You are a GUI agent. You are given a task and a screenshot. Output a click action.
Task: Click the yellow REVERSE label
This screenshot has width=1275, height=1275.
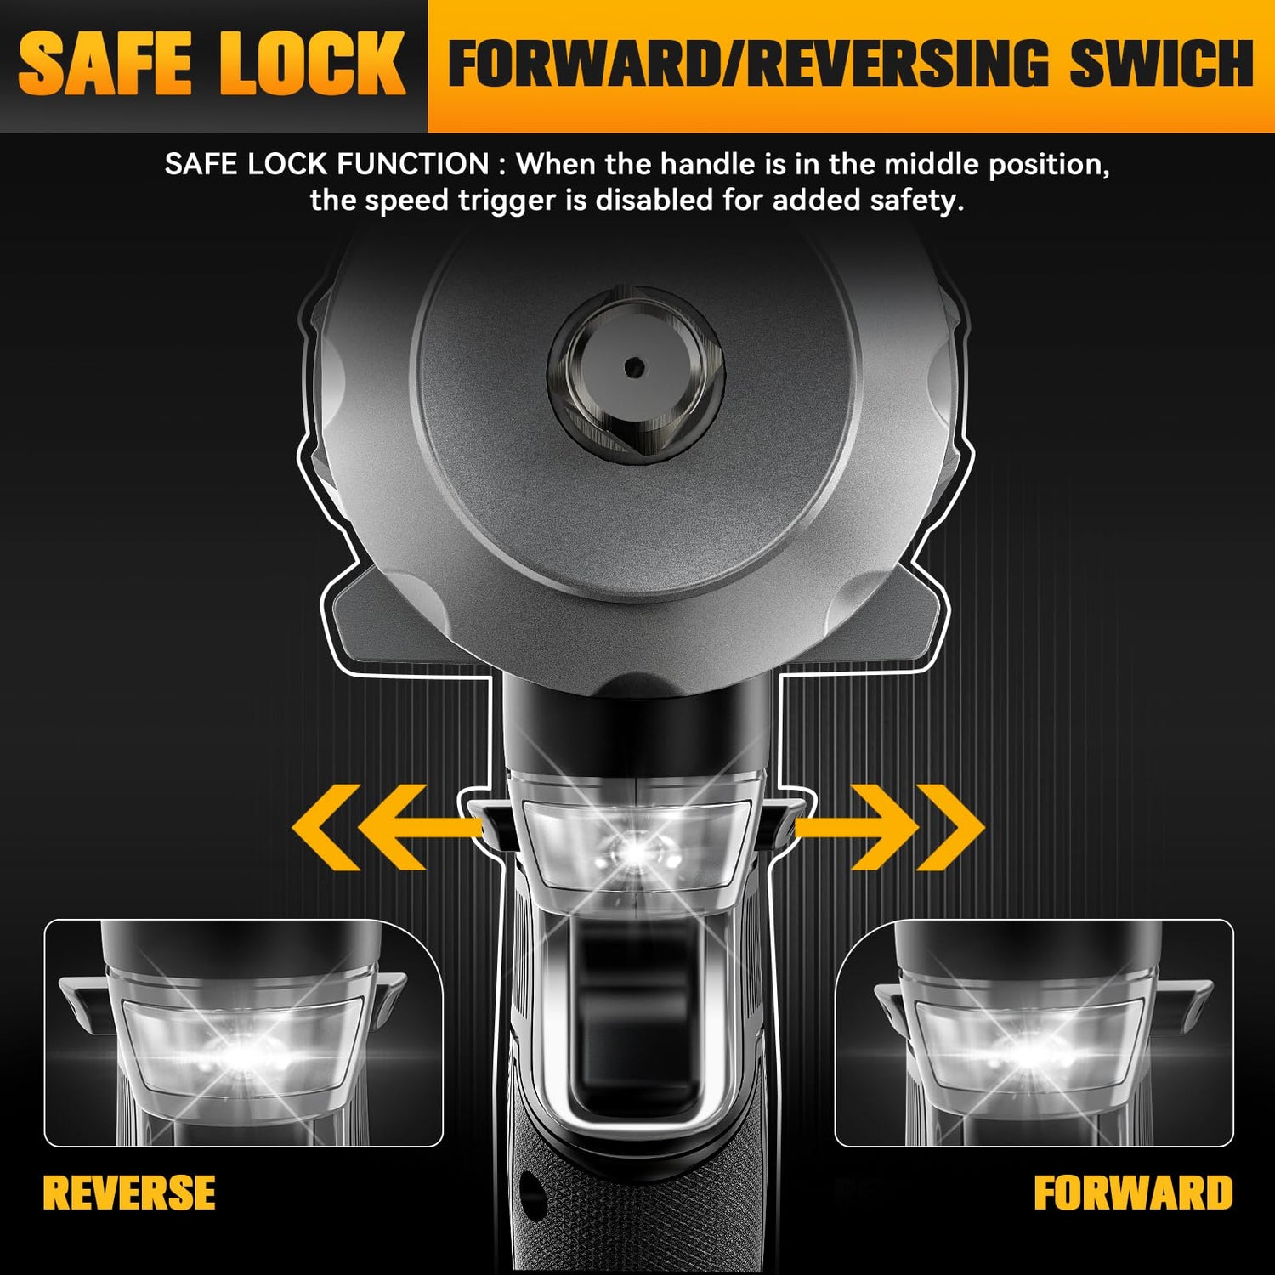(129, 1192)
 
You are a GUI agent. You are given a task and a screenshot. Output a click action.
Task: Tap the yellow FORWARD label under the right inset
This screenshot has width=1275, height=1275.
(1133, 1193)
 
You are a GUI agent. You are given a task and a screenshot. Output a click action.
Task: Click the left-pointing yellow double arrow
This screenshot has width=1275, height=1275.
(382, 827)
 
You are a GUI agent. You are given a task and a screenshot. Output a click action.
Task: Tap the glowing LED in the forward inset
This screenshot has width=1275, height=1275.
(1032, 1054)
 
